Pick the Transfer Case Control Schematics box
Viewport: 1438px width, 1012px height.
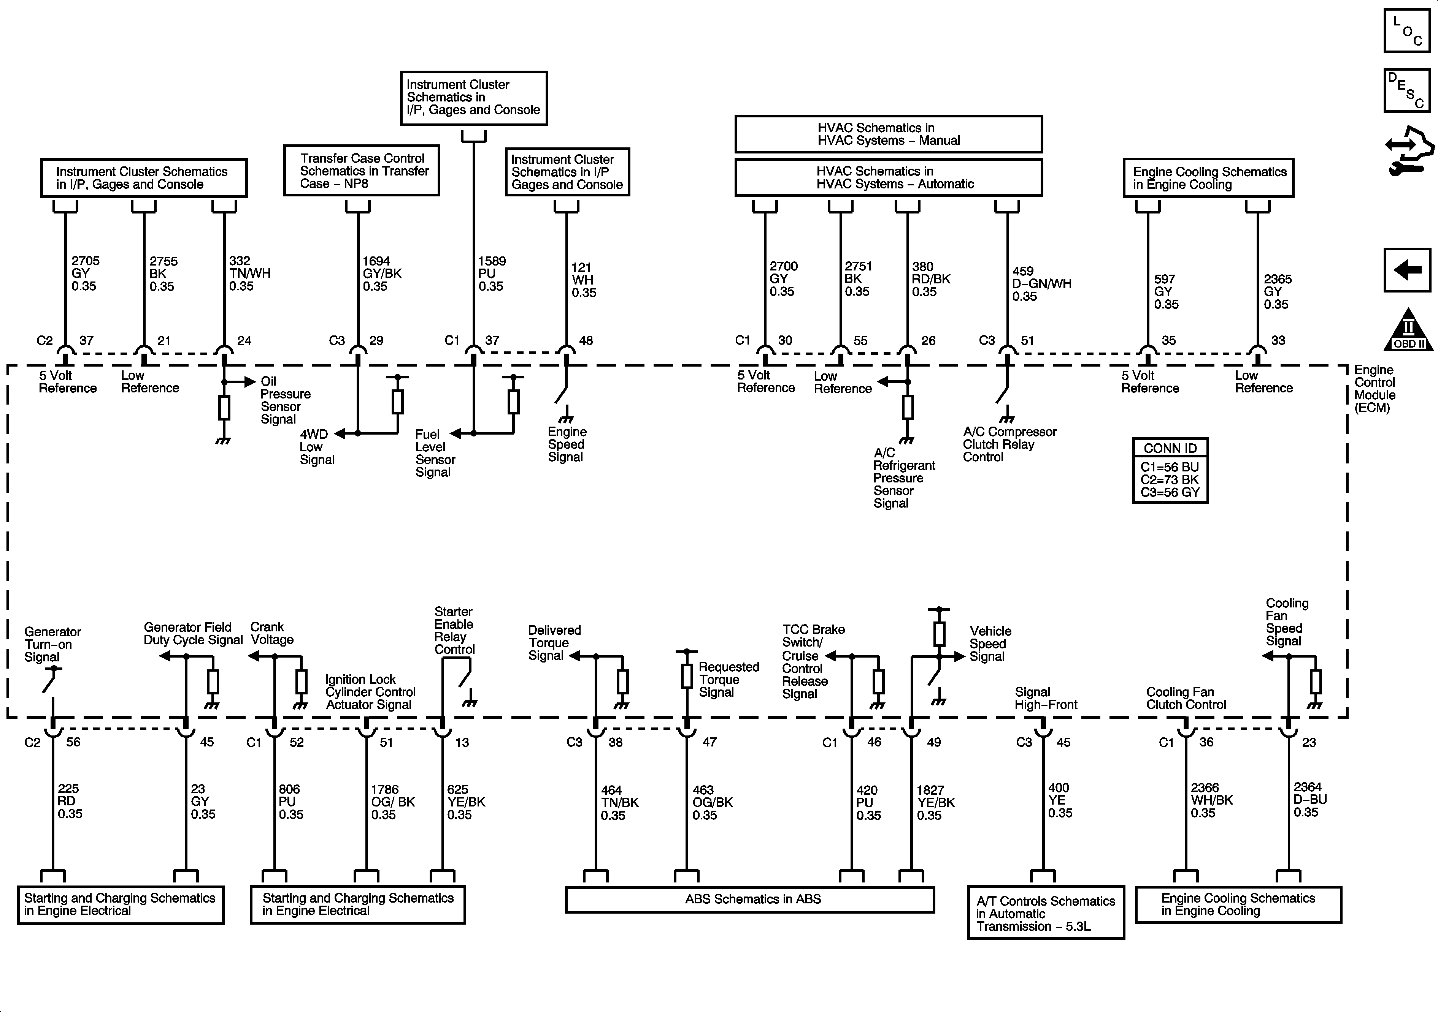coord(361,171)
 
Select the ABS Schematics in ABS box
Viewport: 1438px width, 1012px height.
coord(750,899)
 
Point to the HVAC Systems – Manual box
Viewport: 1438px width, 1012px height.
coord(888,134)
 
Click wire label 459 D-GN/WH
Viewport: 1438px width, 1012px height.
coord(1041,283)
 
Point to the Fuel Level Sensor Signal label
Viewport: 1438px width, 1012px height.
coord(435,453)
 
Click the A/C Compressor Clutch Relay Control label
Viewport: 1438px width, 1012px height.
coord(1009,444)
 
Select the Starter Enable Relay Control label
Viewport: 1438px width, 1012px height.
coord(454,630)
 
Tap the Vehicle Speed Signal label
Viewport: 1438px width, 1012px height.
coord(990,644)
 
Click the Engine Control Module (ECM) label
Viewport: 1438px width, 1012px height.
coord(1375,389)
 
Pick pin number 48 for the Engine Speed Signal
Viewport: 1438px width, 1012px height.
coord(586,340)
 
